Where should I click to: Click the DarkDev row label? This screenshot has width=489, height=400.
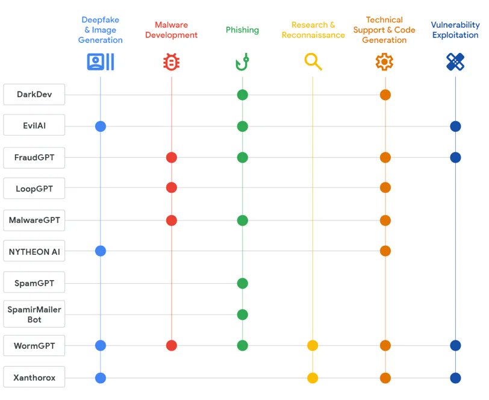point(34,95)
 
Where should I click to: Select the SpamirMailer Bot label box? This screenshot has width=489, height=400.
point(34,314)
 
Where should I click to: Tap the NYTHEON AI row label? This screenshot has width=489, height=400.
point(34,251)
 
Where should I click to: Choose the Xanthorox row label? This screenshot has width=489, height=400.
point(34,378)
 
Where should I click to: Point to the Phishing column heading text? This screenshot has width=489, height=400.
point(242,30)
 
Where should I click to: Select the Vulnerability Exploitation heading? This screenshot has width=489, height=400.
point(455,30)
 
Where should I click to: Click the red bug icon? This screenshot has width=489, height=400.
point(172,62)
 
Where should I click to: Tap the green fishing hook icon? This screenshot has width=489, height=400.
point(242,62)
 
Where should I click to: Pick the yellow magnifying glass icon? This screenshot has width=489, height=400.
point(313,62)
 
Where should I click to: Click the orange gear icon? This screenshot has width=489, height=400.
point(384,62)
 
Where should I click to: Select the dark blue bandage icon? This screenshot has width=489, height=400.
point(455,62)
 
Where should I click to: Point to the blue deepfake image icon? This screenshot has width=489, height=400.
point(101,62)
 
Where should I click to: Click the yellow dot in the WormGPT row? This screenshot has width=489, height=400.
point(313,346)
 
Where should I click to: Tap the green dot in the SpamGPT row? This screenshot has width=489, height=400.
point(242,283)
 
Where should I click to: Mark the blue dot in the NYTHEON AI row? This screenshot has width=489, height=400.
point(101,251)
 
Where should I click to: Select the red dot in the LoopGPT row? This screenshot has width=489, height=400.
point(172,188)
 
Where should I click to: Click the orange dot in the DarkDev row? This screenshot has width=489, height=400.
point(385,95)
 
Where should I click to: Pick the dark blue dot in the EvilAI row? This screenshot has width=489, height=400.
point(455,127)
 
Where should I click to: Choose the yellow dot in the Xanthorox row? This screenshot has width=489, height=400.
point(313,378)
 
